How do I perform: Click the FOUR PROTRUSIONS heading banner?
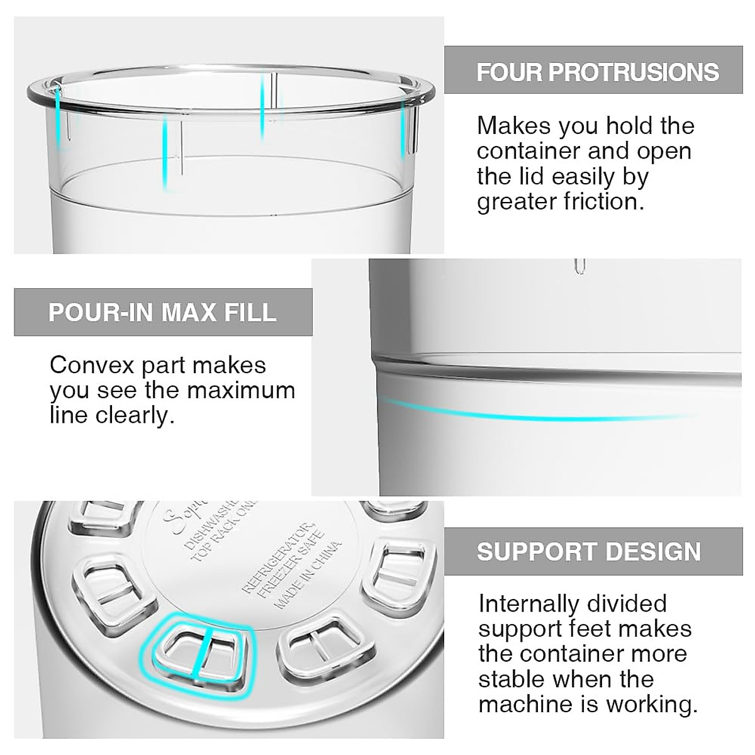coord(598,71)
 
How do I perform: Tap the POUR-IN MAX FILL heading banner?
coord(163,312)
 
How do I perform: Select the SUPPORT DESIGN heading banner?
coord(589,551)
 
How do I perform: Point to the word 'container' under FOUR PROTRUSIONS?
coord(527,152)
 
